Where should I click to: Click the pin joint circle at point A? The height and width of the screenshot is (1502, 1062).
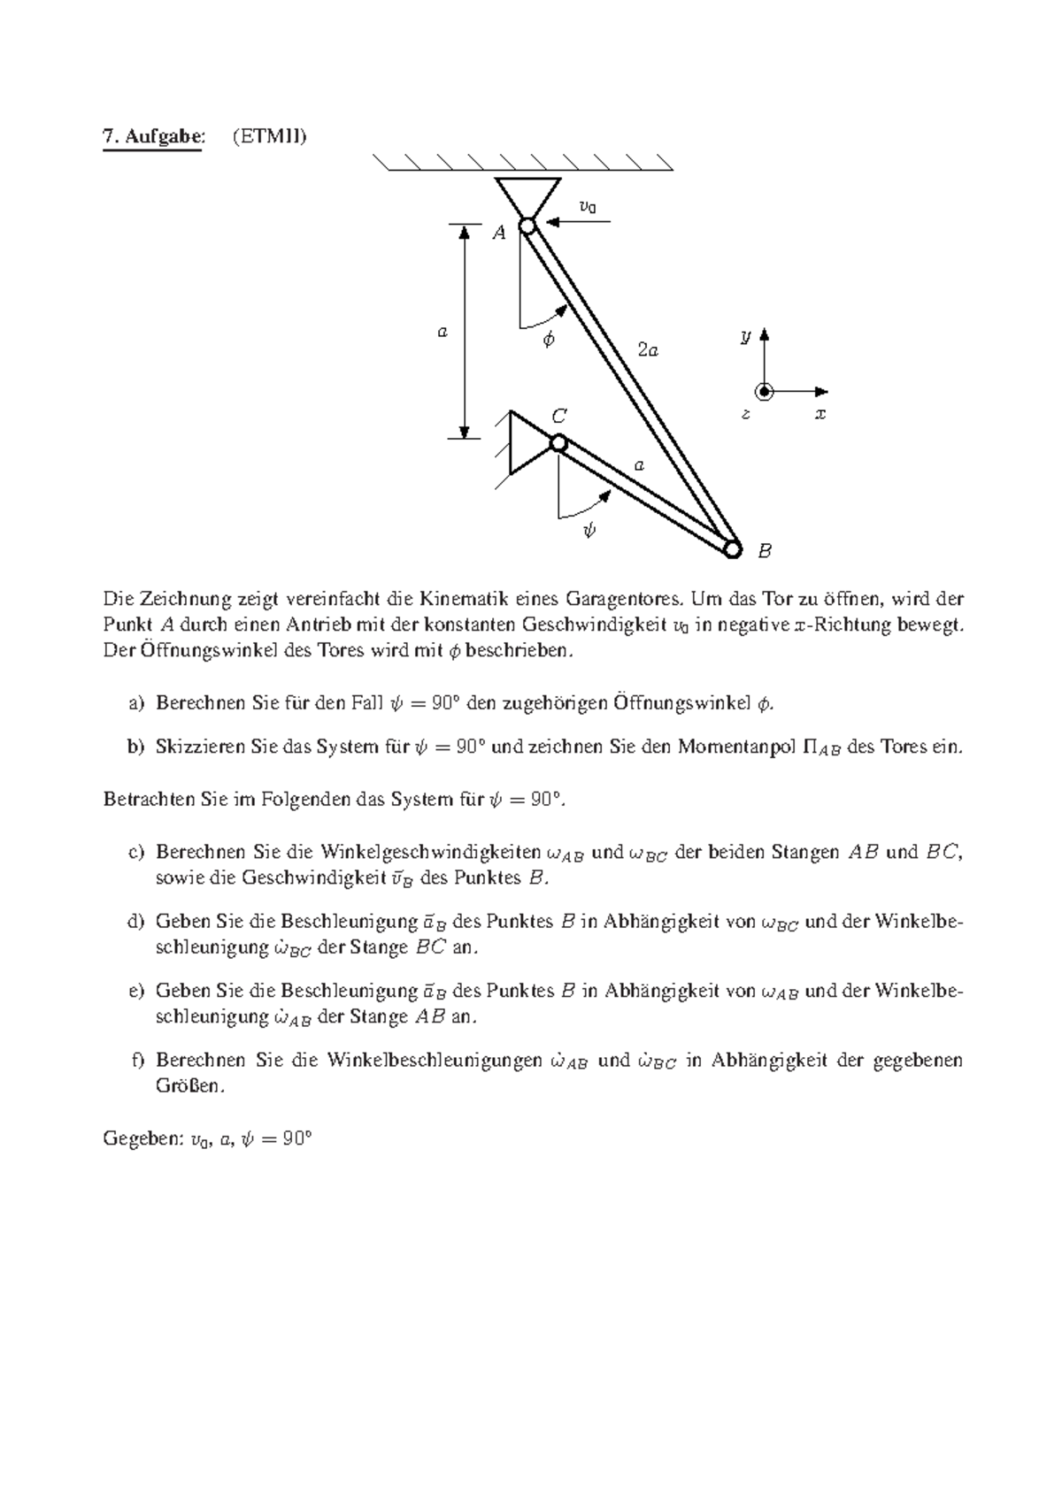[x=527, y=226]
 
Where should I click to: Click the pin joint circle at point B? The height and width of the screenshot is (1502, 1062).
[x=733, y=549]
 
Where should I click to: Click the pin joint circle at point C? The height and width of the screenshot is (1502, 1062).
[x=558, y=442]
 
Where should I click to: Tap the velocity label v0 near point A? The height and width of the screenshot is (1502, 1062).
[x=587, y=206]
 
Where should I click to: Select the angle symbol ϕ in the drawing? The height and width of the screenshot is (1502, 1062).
[x=549, y=339]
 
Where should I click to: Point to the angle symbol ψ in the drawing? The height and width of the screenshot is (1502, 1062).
[x=589, y=530]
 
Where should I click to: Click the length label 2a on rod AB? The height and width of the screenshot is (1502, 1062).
[x=648, y=350]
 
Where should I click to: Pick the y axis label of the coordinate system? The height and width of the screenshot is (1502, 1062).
[x=746, y=336]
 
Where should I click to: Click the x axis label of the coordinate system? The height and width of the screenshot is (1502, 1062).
[x=820, y=413]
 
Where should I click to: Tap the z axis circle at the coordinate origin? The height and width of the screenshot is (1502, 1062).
[x=764, y=392]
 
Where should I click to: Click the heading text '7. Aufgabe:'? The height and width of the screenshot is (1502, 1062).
[x=152, y=136]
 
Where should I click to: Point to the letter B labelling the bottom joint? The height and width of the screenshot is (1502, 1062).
[x=766, y=551]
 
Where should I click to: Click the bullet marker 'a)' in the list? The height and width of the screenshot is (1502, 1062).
[x=135, y=703]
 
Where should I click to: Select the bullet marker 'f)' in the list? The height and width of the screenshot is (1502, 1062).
[x=136, y=1060]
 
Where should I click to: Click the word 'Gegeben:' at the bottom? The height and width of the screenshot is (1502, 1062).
[x=142, y=1139]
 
